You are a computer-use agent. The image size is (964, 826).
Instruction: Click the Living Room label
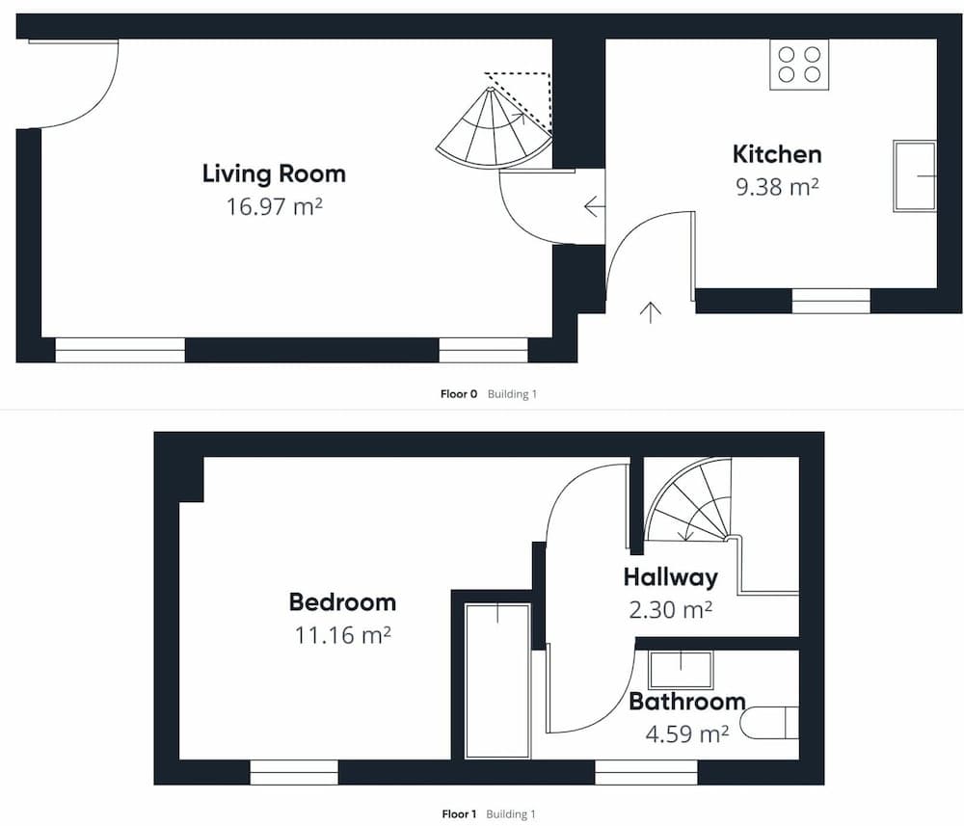click(274, 173)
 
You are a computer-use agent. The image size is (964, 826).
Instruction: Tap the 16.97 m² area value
click(274, 206)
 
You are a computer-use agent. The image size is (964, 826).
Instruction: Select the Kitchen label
click(777, 153)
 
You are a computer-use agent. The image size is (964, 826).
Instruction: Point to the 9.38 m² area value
click(777, 186)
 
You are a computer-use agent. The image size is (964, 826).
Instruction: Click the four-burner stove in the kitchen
click(799, 65)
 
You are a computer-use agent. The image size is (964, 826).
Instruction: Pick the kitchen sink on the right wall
click(915, 176)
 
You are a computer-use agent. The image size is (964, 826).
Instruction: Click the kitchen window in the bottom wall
click(831, 301)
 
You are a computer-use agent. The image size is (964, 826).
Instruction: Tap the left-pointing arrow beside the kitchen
click(594, 206)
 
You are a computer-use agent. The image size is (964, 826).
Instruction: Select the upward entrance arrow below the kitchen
click(651, 312)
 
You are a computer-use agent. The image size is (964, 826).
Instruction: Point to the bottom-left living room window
click(120, 350)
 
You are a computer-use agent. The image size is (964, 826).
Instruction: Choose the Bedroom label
click(342, 602)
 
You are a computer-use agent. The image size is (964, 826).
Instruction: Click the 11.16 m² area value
click(342, 635)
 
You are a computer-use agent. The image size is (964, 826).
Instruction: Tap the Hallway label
click(671, 577)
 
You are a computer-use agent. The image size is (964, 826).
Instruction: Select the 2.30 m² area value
click(671, 610)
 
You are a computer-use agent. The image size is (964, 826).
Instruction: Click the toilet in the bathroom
click(768, 722)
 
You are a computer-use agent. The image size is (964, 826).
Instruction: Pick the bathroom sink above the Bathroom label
click(681, 669)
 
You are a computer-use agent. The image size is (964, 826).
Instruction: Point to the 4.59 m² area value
click(687, 733)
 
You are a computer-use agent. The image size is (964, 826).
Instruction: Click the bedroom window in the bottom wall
click(294, 773)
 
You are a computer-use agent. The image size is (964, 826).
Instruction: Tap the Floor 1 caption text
click(459, 814)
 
